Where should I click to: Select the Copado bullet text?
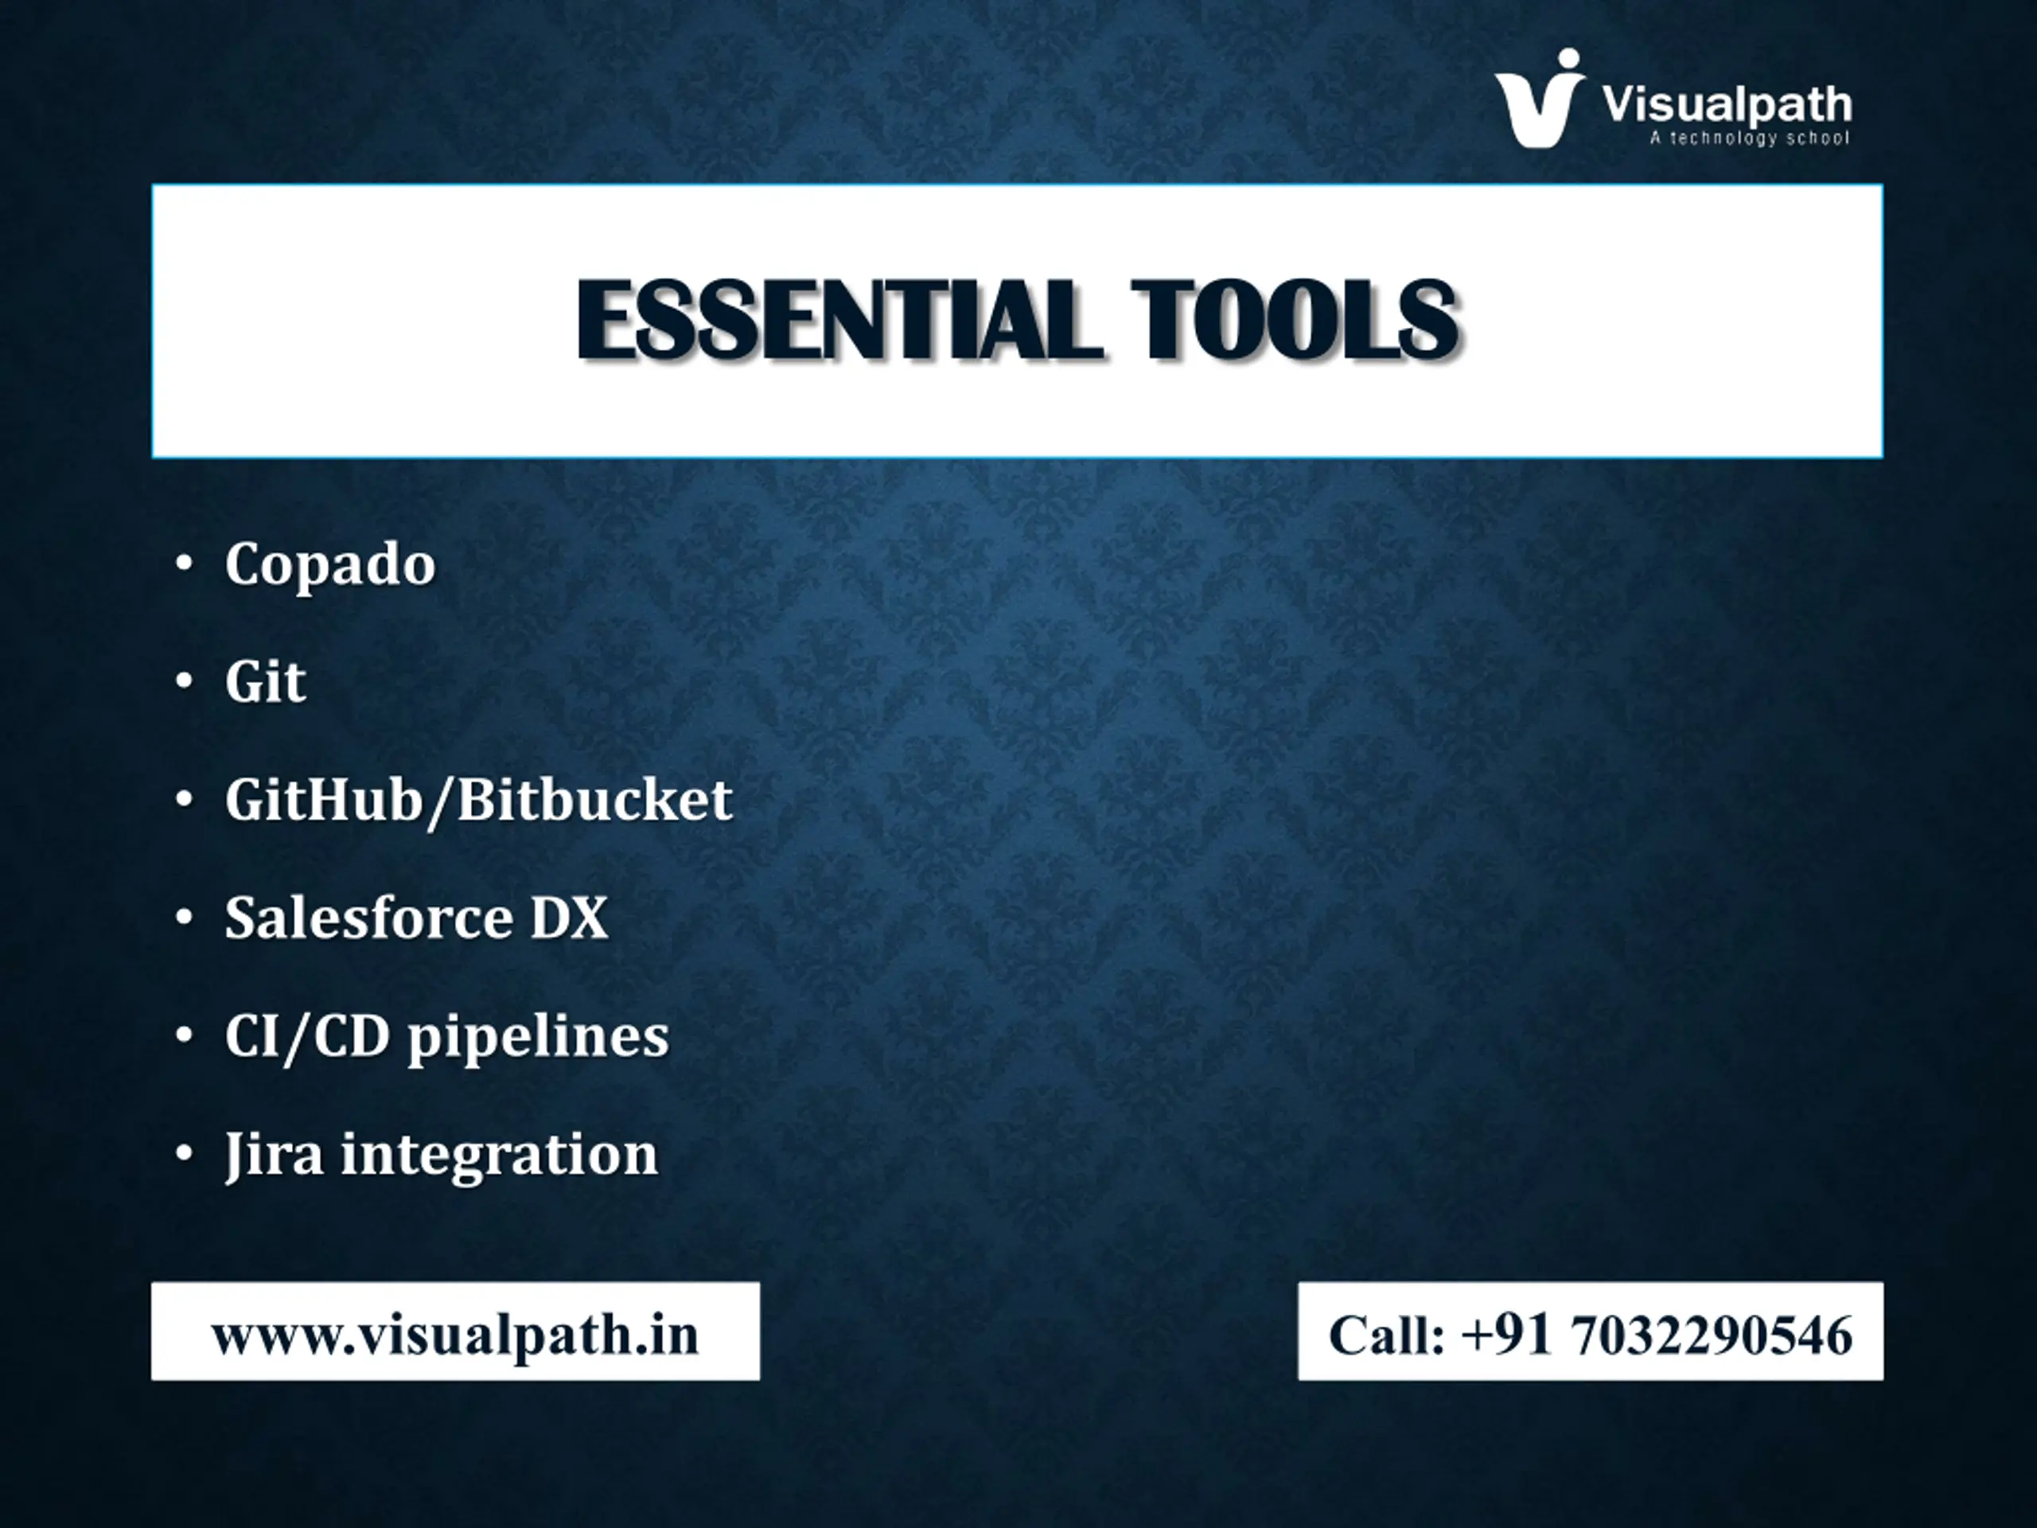[x=329, y=563]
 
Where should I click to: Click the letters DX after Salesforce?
[x=569, y=918]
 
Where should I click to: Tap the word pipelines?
[x=539, y=1039]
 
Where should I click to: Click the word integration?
[x=500, y=1156]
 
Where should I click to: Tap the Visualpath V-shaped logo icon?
[x=1539, y=99]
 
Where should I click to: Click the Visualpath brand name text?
[x=1727, y=105]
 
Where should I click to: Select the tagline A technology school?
[x=1750, y=138]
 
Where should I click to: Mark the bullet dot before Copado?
[x=184, y=563]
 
